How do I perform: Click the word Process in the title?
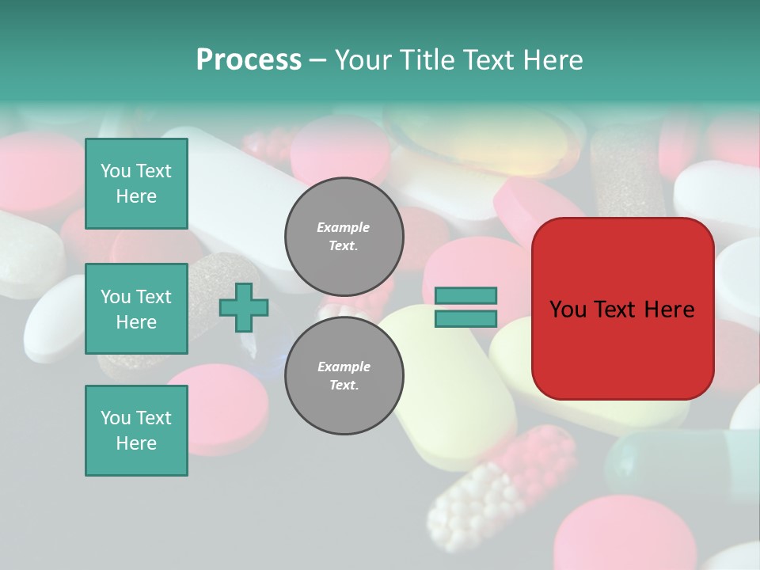tap(249, 60)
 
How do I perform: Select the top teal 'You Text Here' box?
tap(136, 184)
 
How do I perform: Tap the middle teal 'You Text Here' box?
tap(136, 309)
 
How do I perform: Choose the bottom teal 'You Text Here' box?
tap(136, 431)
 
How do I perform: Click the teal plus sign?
tap(244, 308)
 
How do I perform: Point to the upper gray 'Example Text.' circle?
tap(344, 237)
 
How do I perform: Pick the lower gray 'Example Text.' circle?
tap(344, 376)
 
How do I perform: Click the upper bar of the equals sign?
tap(465, 296)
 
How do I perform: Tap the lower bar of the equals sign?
tap(465, 318)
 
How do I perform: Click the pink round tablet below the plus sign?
tap(226, 408)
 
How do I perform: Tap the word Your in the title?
tap(362, 60)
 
